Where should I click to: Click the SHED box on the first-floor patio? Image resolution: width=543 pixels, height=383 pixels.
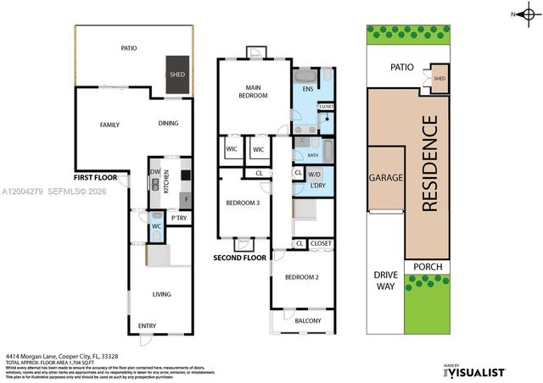click(176, 73)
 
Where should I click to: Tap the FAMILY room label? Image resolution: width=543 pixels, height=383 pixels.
click(109, 125)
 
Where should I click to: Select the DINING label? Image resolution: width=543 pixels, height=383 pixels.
click(168, 124)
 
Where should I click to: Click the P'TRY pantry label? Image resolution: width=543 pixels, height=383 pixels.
click(179, 219)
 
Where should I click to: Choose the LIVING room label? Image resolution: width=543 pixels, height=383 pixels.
click(161, 294)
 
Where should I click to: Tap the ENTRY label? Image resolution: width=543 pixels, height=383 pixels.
click(148, 325)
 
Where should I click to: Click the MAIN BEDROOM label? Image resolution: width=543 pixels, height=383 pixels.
click(252, 92)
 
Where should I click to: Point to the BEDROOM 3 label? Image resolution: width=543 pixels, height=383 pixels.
click(243, 203)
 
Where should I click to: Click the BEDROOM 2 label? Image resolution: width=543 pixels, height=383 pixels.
click(301, 278)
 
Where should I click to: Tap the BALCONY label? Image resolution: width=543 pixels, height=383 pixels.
click(308, 320)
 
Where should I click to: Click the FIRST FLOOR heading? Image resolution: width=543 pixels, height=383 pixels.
click(95, 179)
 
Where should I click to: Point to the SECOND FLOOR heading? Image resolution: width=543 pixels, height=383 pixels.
click(239, 258)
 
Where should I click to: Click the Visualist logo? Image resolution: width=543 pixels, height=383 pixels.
click(475, 371)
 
